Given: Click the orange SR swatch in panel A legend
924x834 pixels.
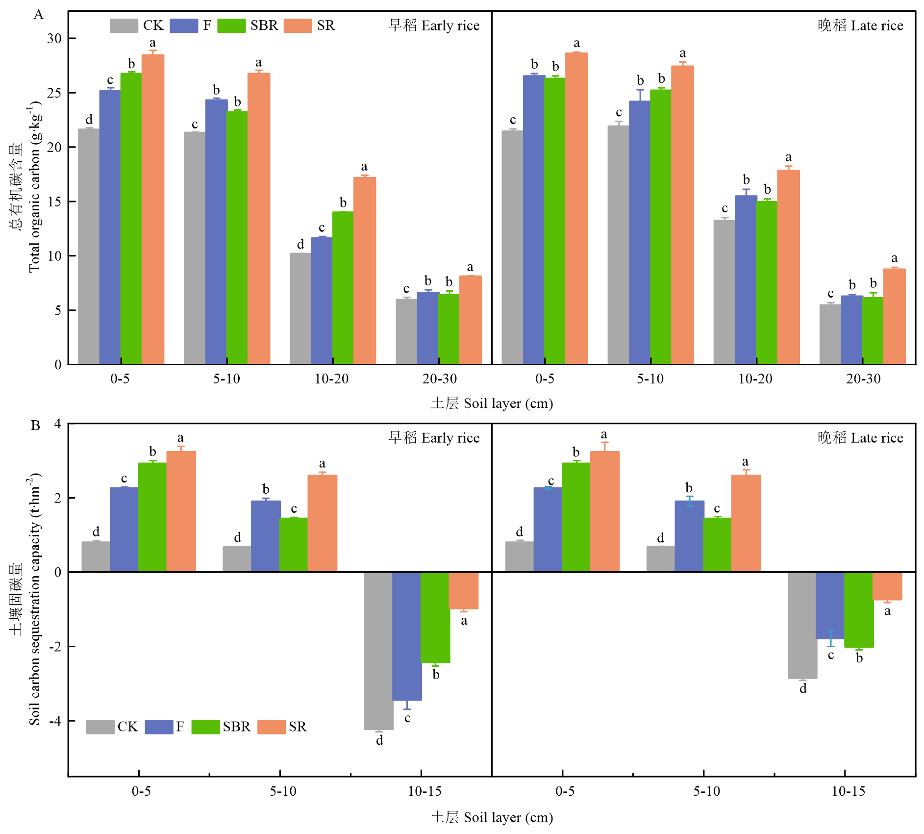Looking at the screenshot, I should pyautogui.click(x=298, y=25).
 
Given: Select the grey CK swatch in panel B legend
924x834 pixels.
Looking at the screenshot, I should pyautogui.click(x=100, y=727).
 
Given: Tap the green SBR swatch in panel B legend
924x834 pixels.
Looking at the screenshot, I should pyautogui.click(x=205, y=727).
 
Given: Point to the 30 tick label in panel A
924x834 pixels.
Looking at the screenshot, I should pyautogui.click(x=54, y=38).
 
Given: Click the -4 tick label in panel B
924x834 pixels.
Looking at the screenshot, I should pyautogui.click(x=54, y=721).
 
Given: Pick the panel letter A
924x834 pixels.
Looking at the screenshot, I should pyautogui.click(x=38, y=15).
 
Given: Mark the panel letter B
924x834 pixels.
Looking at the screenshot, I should pyautogui.click(x=35, y=425).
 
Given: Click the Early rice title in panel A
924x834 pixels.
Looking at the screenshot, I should pyautogui.click(x=434, y=25).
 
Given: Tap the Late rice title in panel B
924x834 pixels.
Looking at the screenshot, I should pyautogui.click(x=860, y=438).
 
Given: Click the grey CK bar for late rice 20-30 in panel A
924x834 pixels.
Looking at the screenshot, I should pyautogui.click(x=830, y=334).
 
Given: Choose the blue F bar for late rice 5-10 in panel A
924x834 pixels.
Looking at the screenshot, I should pyautogui.click(x=639, y=232).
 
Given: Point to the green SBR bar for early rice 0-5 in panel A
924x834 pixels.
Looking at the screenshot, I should pyautogui.click(x=131, y=219).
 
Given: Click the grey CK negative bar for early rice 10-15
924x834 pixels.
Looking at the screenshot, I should pyautogui.click(x=378, y=651).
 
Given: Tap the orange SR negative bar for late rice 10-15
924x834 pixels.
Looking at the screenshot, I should pyautogui.click(x=887, y=586).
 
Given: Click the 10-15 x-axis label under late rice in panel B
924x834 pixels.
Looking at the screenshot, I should pyautogui.click(x=848, y=791).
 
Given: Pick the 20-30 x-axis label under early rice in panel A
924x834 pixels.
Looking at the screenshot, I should pyautogui.click(x=439, y=379).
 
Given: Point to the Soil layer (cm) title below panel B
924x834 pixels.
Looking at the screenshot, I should pyautogui.click(x=492, y=817).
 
